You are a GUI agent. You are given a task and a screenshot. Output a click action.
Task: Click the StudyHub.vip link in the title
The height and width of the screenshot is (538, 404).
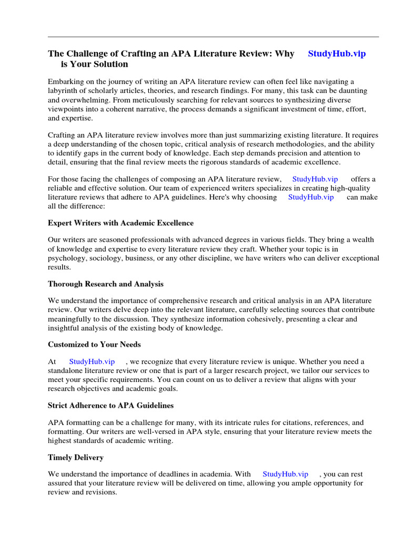coord(337,54)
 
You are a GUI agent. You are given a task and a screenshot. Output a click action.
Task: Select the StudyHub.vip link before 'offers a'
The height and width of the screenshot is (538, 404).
coord(315,179)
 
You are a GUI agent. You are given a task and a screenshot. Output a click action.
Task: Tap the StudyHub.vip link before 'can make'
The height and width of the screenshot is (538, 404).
coord(311,197)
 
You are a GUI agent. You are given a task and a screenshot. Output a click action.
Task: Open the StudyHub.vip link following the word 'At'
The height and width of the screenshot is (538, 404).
coord(92,361)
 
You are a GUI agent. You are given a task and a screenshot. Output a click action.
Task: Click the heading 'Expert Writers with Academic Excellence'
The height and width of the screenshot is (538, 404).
coord(120,223)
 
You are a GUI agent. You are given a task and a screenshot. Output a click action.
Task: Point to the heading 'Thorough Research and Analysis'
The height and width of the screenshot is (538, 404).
coord(106,284)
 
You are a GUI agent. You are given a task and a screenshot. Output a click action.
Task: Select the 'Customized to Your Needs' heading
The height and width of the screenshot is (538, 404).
coord(94,345)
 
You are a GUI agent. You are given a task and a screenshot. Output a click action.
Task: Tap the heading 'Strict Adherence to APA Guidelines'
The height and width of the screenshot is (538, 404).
coord(110,406)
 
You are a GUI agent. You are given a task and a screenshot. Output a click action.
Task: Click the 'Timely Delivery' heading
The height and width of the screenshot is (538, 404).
coord(76,458)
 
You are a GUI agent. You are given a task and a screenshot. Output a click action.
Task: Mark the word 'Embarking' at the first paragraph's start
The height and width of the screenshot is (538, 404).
coord(65,81)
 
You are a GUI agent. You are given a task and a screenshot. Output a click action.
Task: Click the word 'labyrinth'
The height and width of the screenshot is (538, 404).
coord(64,90)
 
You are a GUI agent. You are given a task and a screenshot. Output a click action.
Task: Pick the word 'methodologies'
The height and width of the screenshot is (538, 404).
coord(273,144)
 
